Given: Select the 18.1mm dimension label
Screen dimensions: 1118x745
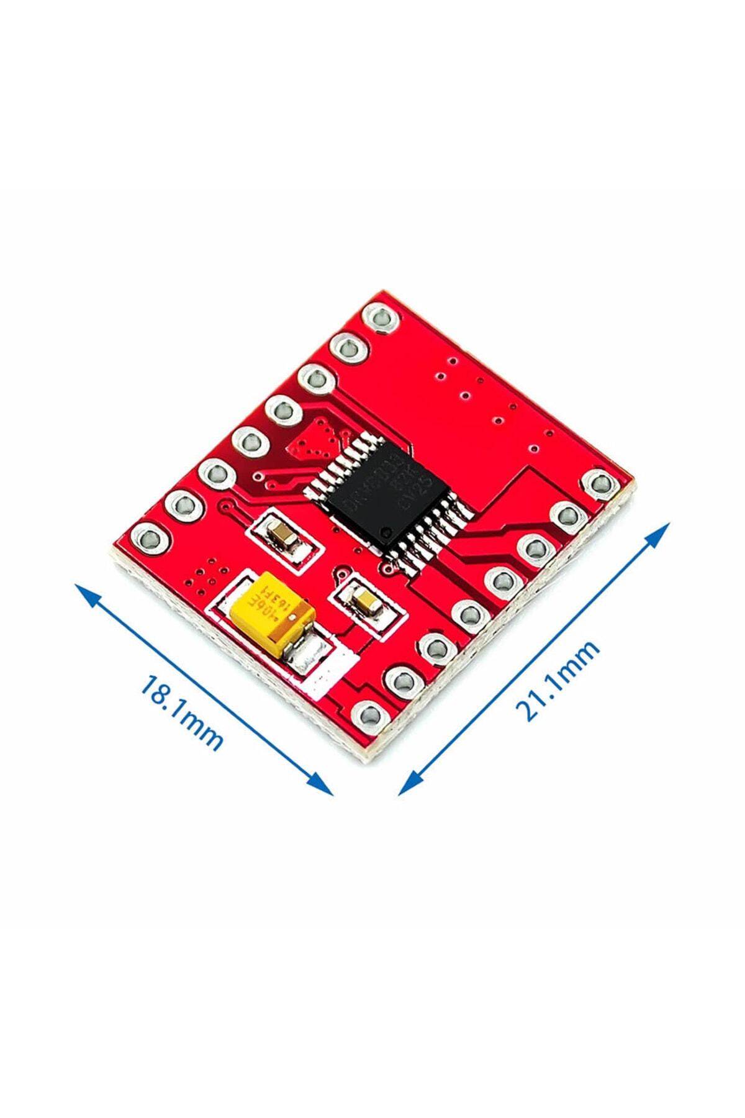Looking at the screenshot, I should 181,711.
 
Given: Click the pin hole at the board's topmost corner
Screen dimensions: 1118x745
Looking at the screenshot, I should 379,317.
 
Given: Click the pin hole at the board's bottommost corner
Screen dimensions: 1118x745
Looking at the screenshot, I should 369,715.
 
